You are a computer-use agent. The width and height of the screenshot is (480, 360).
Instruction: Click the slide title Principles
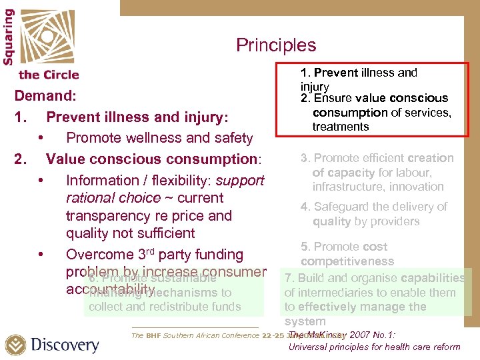point(275,45)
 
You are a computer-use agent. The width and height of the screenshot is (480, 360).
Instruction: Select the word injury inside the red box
point(315,87)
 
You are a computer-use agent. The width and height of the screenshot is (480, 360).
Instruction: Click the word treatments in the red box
point(340,127)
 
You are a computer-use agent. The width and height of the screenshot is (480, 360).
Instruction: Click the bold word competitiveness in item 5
point(347,261)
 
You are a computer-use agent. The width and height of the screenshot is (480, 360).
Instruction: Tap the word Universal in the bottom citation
point(311,347)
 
